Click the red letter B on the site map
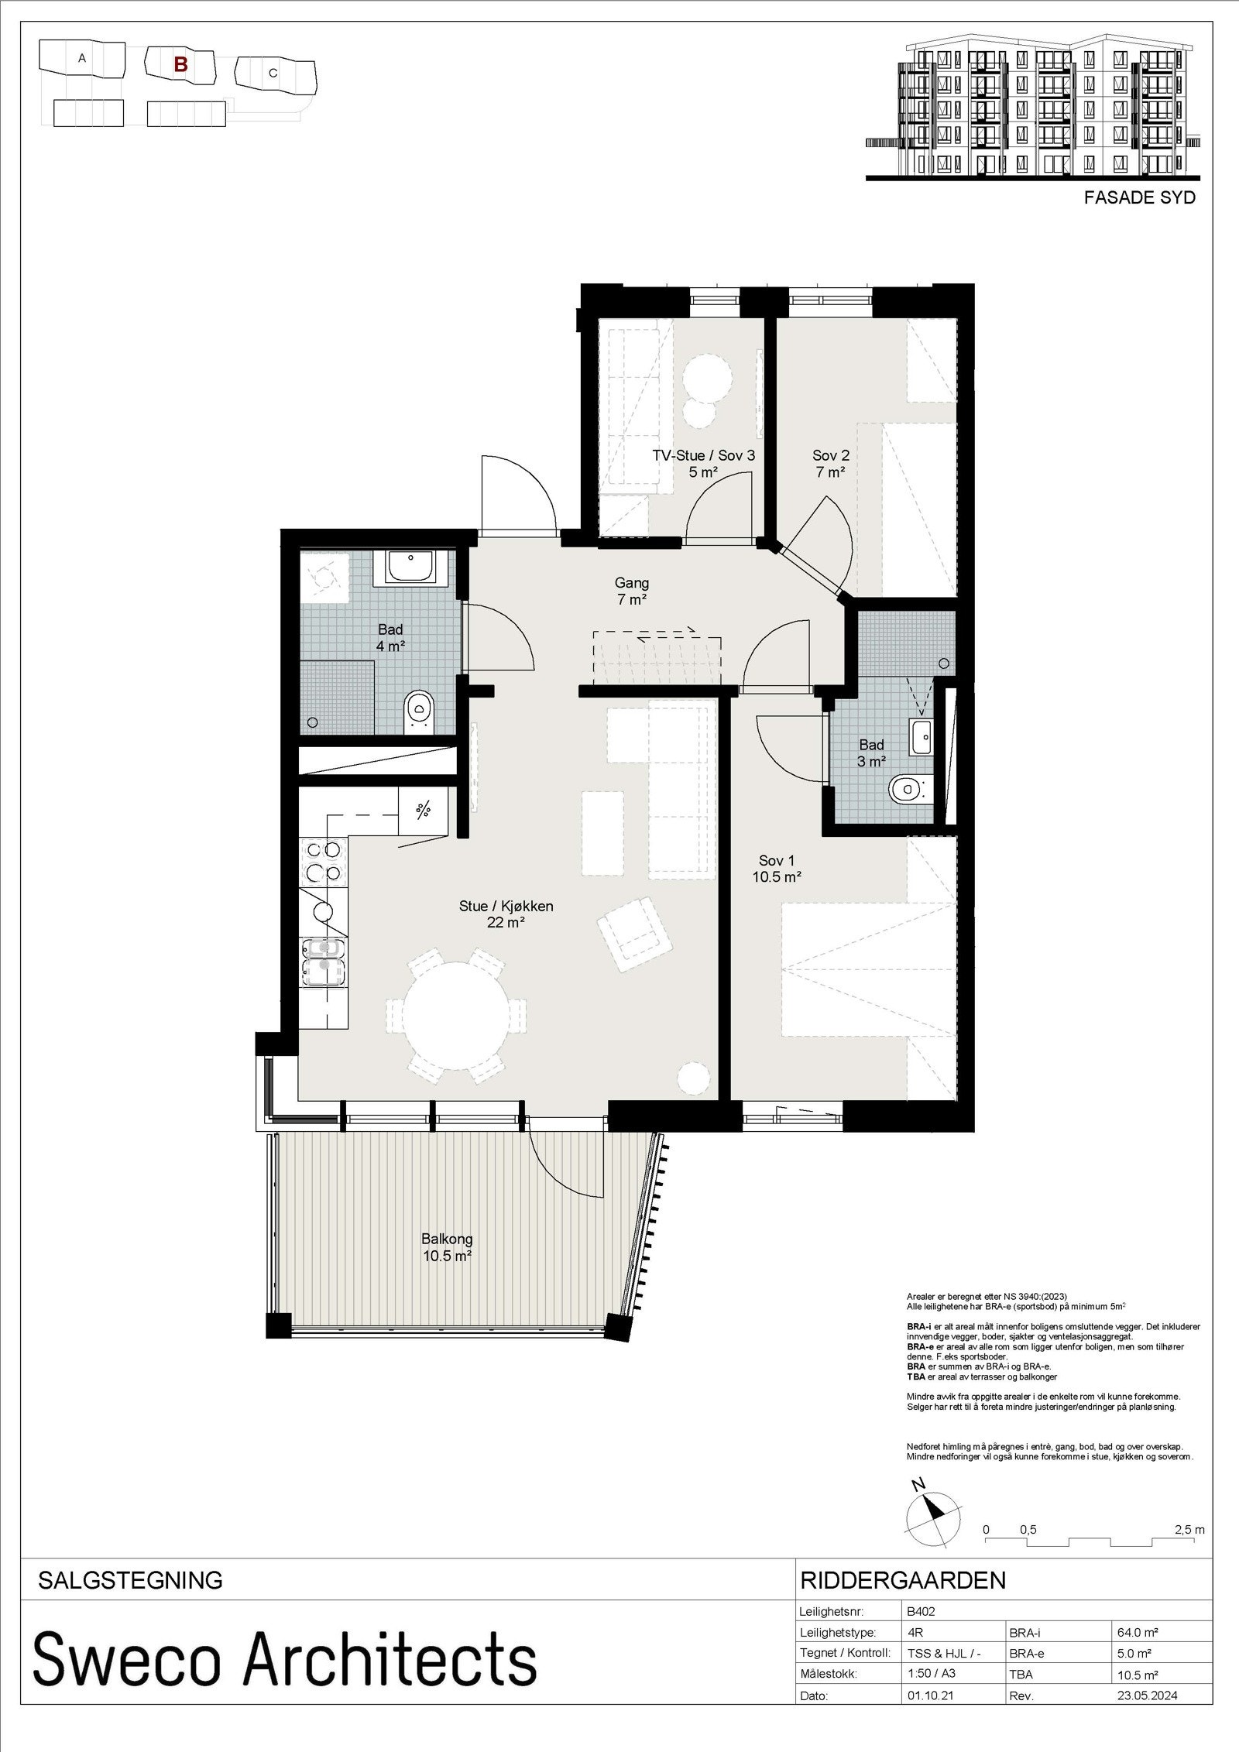pos(180,64)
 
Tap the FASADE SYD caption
pos(1139,197)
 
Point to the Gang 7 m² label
pos(632,590)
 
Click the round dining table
pos(456,1011)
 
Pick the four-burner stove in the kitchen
pos(324,861)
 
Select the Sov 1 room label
pos(776,869)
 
